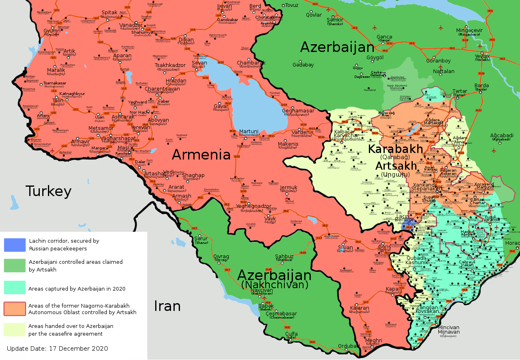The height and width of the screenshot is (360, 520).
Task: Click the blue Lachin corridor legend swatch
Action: click(x=15, y=245)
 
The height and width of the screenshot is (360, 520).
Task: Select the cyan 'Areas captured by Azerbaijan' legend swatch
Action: click(x=15, y=287)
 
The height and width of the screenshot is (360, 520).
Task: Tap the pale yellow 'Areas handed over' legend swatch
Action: click(x=15, y=330)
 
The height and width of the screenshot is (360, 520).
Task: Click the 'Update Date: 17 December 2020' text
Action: click(x=57, y=348)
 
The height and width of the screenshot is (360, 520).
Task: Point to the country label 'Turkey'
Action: click(x=48, y=191)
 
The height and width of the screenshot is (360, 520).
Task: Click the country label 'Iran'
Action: click(x=167, y=306)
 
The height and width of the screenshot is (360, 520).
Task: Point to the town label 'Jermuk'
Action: click(x=289, y=188)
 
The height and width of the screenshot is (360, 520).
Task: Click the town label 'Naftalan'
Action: click(x=444, y=71)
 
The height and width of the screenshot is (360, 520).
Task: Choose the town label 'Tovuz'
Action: click(x=292, y=5)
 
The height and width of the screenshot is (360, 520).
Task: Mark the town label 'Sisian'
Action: click(x=346, y=247)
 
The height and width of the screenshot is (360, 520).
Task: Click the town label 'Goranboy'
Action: click(x=438, y=61)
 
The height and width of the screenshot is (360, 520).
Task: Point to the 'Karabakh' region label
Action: click(x=395, y=149)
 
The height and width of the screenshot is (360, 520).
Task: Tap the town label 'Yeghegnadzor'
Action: click(x=254, y=206)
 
